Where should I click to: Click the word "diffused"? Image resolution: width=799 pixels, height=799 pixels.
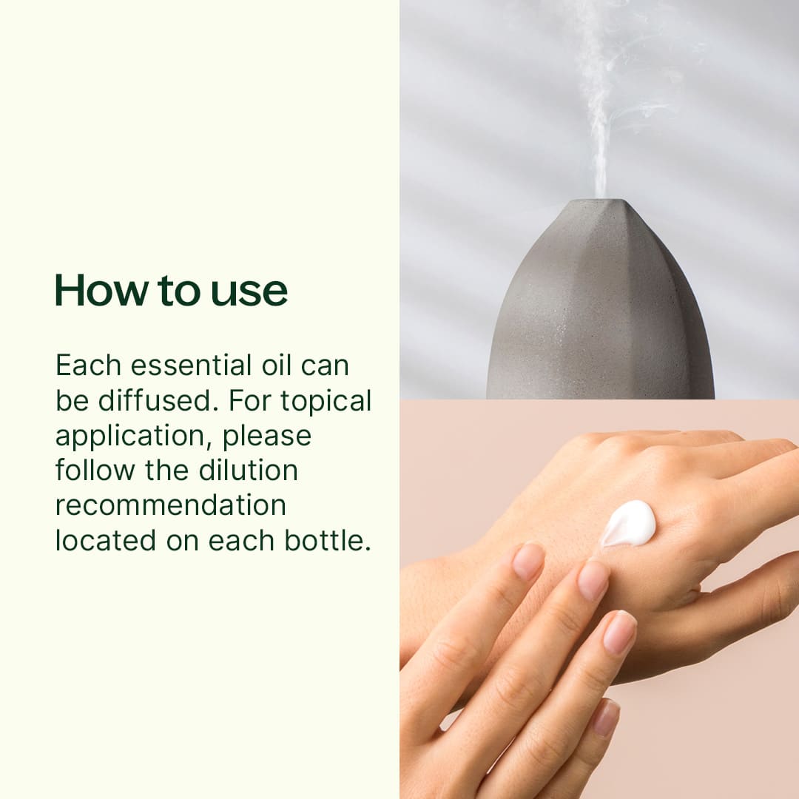[x=157, y=400]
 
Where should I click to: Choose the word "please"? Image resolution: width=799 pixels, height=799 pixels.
[x=267, y=436]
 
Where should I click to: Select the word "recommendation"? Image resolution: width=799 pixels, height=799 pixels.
[x=170, y=505]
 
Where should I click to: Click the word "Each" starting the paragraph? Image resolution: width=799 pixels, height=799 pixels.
[x=81, y=365]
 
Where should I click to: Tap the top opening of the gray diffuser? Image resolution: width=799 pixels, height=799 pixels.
[x=600, y=201]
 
